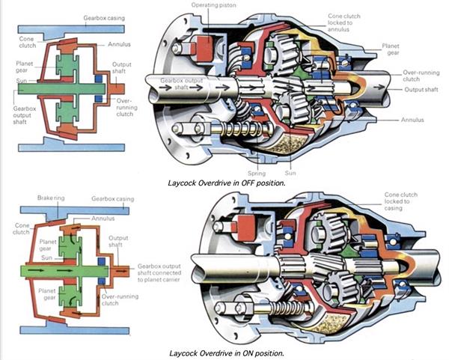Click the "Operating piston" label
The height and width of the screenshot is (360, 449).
point(213,5)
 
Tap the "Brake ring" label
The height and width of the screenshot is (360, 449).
point(51,198)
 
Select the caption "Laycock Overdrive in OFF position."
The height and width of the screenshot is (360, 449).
point(227,183)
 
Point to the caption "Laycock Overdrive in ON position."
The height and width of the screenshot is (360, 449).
point(227,353)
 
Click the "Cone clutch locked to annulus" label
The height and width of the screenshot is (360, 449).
point(343,22)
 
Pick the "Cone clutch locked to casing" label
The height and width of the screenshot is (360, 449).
point(400,201)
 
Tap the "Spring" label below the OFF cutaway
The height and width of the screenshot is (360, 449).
point(257,174)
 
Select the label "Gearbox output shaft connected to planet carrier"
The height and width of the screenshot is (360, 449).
point(159,273)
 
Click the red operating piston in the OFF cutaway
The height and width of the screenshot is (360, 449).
point(205,48)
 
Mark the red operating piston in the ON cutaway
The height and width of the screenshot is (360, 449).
point(245,228)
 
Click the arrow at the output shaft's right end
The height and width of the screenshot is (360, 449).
point(379,87)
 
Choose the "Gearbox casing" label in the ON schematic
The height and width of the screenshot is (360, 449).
point(112,199)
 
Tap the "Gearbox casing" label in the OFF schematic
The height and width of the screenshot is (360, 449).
point(104,18)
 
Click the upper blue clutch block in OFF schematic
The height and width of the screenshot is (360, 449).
point(99,79)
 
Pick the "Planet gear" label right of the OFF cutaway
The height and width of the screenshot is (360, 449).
point(391,49)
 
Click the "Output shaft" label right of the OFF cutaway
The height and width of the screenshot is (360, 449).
point(421,89)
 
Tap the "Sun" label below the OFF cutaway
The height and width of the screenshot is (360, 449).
point(290,173)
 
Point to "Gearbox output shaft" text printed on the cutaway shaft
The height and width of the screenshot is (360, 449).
point(182,84)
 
